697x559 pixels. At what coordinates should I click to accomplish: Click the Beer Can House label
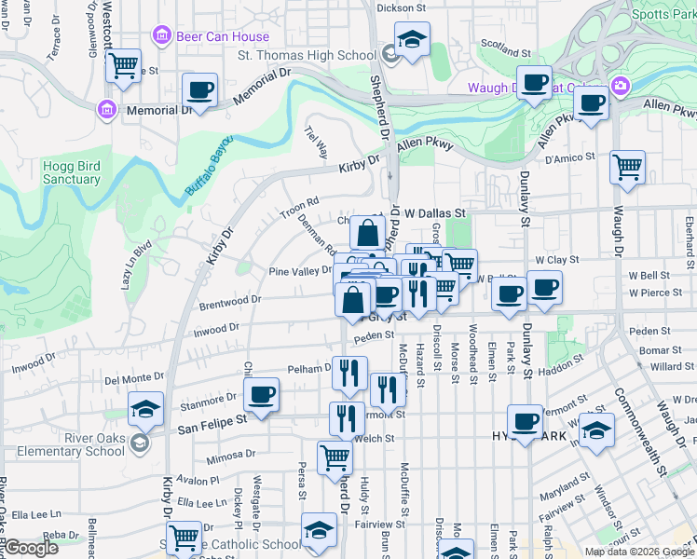point(223,36)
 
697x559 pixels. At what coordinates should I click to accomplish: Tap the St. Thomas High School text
point(307,55)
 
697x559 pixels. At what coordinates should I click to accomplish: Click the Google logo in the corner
point(32,548)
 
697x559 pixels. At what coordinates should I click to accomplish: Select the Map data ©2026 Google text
point(638,552)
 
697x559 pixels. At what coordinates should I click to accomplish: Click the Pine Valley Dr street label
point(300,270)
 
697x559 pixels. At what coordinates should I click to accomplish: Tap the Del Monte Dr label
point(134,379)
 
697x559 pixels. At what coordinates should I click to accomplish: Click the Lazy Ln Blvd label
point(135,266)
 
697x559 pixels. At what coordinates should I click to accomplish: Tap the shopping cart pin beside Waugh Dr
point(627,169)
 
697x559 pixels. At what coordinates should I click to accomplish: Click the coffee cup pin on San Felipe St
point(262,395)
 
